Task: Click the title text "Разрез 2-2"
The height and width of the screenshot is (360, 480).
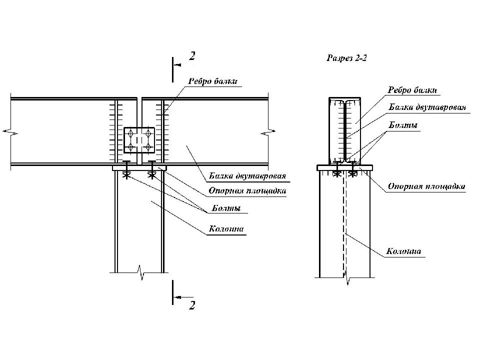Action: click(x=346, y=58)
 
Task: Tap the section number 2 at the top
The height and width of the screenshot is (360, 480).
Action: click(x=192, y=56)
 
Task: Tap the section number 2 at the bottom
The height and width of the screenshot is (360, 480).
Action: click(x=192, y=305)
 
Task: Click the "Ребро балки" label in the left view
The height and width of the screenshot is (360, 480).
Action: click(x=213, y=81)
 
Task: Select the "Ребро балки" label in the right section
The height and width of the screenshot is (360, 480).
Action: click(x=412, y=90)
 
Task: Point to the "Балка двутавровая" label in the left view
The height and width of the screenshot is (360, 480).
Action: click(x=247, y=175)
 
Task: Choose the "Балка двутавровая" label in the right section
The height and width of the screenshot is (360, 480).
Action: click(x=427, y=107)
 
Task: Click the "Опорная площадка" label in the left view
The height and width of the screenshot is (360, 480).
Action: click(x=247, y=190)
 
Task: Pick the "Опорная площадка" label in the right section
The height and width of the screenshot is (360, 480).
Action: click(x=426, y=186)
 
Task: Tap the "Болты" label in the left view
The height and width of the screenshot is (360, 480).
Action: click(x=226, y=208)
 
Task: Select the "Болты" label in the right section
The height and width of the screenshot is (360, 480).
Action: click(x=403, y=125)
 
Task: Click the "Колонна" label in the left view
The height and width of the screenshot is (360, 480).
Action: click(x=226, y=228)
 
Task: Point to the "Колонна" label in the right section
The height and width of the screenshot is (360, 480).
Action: click(x=403, y=251)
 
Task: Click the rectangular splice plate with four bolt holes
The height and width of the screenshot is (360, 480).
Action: click(x=139, y=140)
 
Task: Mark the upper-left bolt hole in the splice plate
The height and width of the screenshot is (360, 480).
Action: click(x=130, y=133)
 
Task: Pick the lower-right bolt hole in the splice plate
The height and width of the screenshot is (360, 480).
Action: click(x=148, y=147)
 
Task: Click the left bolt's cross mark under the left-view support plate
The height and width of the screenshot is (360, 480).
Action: click(x=126, y=175)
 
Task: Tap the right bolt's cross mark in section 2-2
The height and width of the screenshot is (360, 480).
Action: click(x=353, y=174)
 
